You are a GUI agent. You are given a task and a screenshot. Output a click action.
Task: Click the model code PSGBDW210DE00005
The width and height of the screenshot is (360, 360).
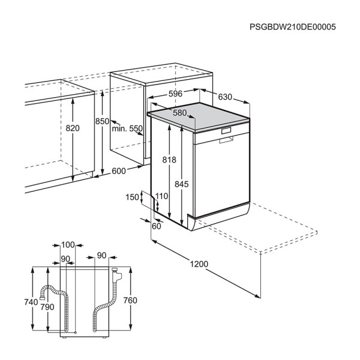(293, 27)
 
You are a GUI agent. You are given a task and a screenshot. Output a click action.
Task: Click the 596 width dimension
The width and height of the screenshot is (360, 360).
(175, 94)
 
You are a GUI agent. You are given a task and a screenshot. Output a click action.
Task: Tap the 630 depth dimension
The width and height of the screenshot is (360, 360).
(225, 97)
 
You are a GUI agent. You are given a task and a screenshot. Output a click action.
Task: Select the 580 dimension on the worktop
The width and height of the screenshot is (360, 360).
(180, 113)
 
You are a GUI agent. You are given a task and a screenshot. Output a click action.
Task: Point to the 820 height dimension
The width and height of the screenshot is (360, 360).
(73, 128)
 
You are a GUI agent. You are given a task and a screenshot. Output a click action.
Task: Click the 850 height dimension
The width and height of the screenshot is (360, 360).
(102, 121)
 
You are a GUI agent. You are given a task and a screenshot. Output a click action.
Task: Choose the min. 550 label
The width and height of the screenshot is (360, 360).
(127, 128)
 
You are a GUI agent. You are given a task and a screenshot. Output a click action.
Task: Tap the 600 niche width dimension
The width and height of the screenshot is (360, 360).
(119, 171)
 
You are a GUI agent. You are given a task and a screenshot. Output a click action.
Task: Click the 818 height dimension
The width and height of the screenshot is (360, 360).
(169, 160)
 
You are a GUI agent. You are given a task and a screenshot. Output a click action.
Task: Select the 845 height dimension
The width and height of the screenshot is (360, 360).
(182, 184)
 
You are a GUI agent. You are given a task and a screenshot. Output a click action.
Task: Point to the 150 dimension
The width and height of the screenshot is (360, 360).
(132, 197)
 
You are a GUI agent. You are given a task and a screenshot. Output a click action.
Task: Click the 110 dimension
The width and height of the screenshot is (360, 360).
(161, 196)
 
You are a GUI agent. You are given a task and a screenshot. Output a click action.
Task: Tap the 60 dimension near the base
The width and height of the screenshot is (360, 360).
(157, 226)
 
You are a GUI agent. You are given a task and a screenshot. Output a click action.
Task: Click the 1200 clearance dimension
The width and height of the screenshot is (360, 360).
(199, 264)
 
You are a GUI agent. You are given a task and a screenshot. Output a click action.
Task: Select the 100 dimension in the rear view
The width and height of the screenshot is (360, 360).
(68, 245)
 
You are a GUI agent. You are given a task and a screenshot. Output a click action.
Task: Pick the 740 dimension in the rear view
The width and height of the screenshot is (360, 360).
(31, 302)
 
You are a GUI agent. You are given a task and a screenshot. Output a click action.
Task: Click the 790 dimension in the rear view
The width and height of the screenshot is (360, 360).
(47, 307)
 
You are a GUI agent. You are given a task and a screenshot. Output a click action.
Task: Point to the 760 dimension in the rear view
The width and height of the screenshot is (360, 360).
(130, 301)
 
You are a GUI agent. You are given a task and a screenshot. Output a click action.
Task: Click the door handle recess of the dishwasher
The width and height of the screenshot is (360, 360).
(226, 140)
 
